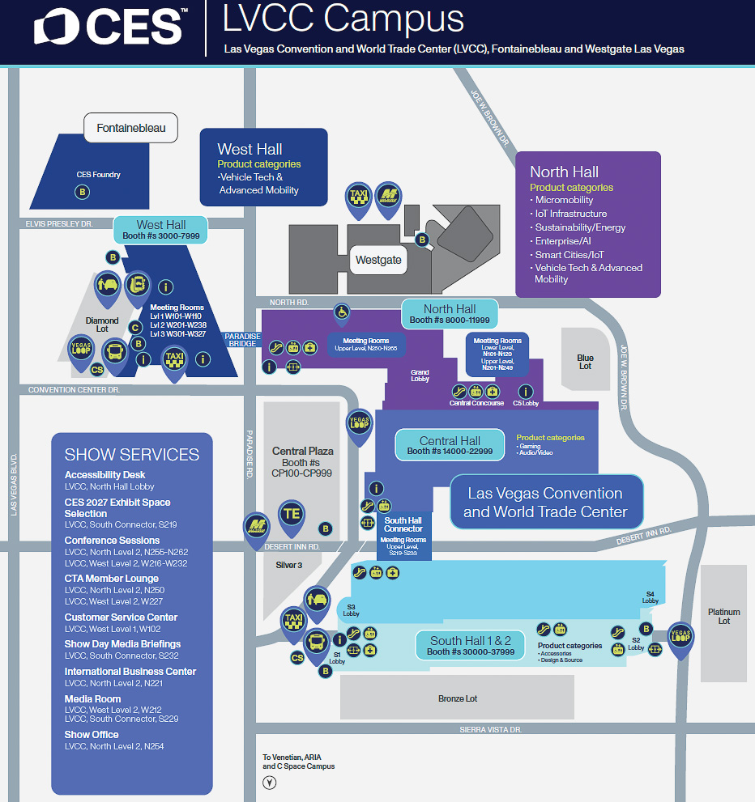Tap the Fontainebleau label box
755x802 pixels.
[x=130, y=128]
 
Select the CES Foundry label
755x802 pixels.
[x=99, y=174]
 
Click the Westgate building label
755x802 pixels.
[x=377, y=261]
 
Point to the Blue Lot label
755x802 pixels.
[x=585, y=362]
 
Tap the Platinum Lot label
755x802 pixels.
[x=723, y=616]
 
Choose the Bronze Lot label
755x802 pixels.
[x=458, y=698]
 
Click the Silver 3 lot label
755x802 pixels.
[x=288, y=565]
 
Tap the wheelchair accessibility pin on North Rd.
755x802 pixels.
[x=342, y=312]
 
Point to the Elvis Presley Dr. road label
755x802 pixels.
[x=59, y=223]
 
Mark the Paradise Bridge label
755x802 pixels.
[x=242, y=340]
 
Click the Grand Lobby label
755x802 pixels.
[x=420, y=375]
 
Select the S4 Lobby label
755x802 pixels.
[x=650, y=597]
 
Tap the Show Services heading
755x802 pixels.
[x=131, y=455]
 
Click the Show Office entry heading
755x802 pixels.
[x=92, y=735]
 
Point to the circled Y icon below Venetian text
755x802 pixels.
[x=270, y=783]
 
